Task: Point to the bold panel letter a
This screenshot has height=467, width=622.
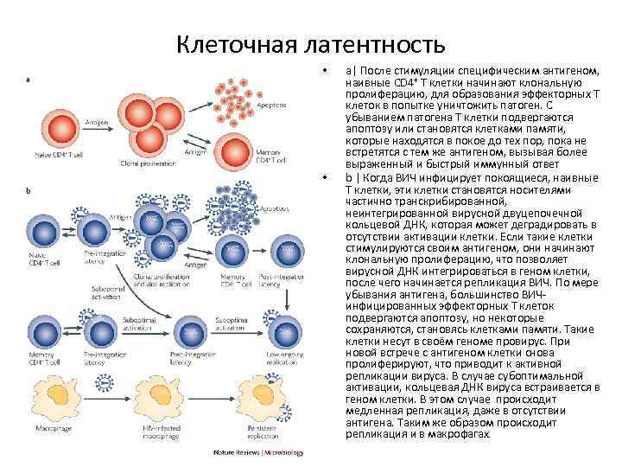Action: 30,80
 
